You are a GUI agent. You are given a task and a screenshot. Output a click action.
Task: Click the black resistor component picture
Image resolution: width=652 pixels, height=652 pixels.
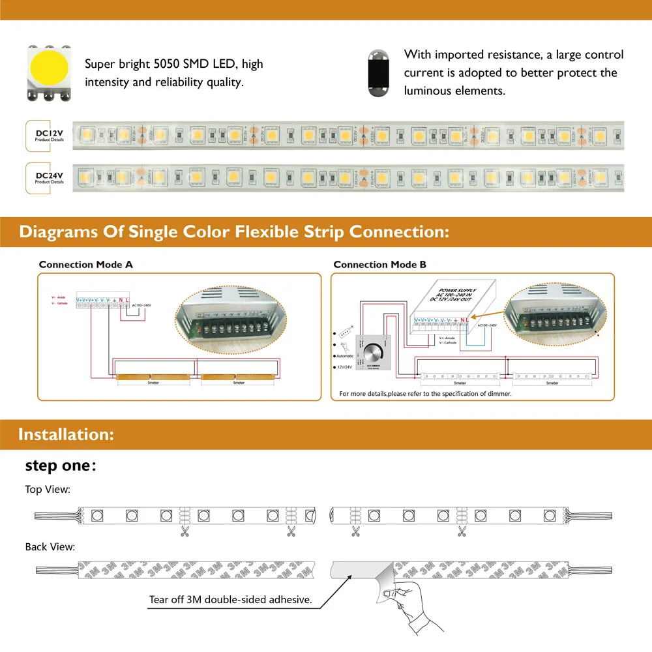tap(377, 72)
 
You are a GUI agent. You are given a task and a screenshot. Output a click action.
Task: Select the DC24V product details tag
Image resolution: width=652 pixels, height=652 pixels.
tap(50, 178)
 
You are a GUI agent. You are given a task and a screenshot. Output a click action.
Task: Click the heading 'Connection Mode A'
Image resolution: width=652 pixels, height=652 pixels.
tap(85, 265)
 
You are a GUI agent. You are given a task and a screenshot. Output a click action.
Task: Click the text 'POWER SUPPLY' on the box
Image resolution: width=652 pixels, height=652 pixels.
tap(457, 291)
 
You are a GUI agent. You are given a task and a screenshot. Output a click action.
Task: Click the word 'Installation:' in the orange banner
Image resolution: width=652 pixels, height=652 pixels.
tap(67, 434)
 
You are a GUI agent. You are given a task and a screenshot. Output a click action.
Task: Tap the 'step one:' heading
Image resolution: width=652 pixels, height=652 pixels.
tap(61, 466)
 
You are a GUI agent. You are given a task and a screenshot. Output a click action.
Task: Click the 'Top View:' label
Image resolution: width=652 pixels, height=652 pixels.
tap(48, 489)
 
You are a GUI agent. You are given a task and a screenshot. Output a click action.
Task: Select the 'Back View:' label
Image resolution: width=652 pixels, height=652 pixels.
tap(50, 546)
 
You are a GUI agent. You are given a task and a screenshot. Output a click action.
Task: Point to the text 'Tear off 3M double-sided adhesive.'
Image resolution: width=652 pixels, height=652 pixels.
tap(230, 599)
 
